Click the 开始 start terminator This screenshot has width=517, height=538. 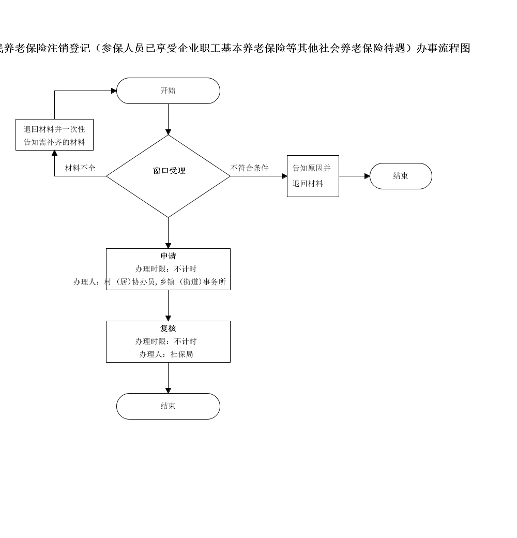(x=168, y=91)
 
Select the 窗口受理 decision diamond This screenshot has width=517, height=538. (x=168, y=176)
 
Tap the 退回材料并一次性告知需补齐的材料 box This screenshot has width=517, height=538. (x=54, y=135)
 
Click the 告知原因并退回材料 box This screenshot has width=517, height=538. (x=313, y=176)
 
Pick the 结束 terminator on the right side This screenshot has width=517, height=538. (x=401, y=176)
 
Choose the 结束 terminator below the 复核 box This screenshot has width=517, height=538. (x=168, y=406)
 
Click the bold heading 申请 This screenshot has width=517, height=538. (x=168, y=256)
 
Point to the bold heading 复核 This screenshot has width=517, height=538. (x=168, y=328)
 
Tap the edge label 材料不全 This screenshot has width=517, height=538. (x=80, y=168)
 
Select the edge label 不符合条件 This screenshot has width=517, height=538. (x=250, y=168)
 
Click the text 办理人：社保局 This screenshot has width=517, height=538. (x=166, y=354)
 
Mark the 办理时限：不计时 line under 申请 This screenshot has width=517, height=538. (x=166, y=269)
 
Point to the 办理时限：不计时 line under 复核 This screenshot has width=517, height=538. (x=166, y=341)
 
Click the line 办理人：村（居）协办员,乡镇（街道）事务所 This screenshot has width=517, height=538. (x=149, y=282)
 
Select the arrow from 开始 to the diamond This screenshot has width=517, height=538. (x=169, y=119)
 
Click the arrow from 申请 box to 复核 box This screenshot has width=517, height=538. (x=169, y=305)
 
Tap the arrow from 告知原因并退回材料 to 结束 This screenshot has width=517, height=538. (x=355, y=176)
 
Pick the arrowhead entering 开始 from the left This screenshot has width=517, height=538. (x=114, y=91)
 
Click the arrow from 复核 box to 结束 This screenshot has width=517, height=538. (x=169, y=378)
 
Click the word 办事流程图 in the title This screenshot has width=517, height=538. (x=443, y=48)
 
